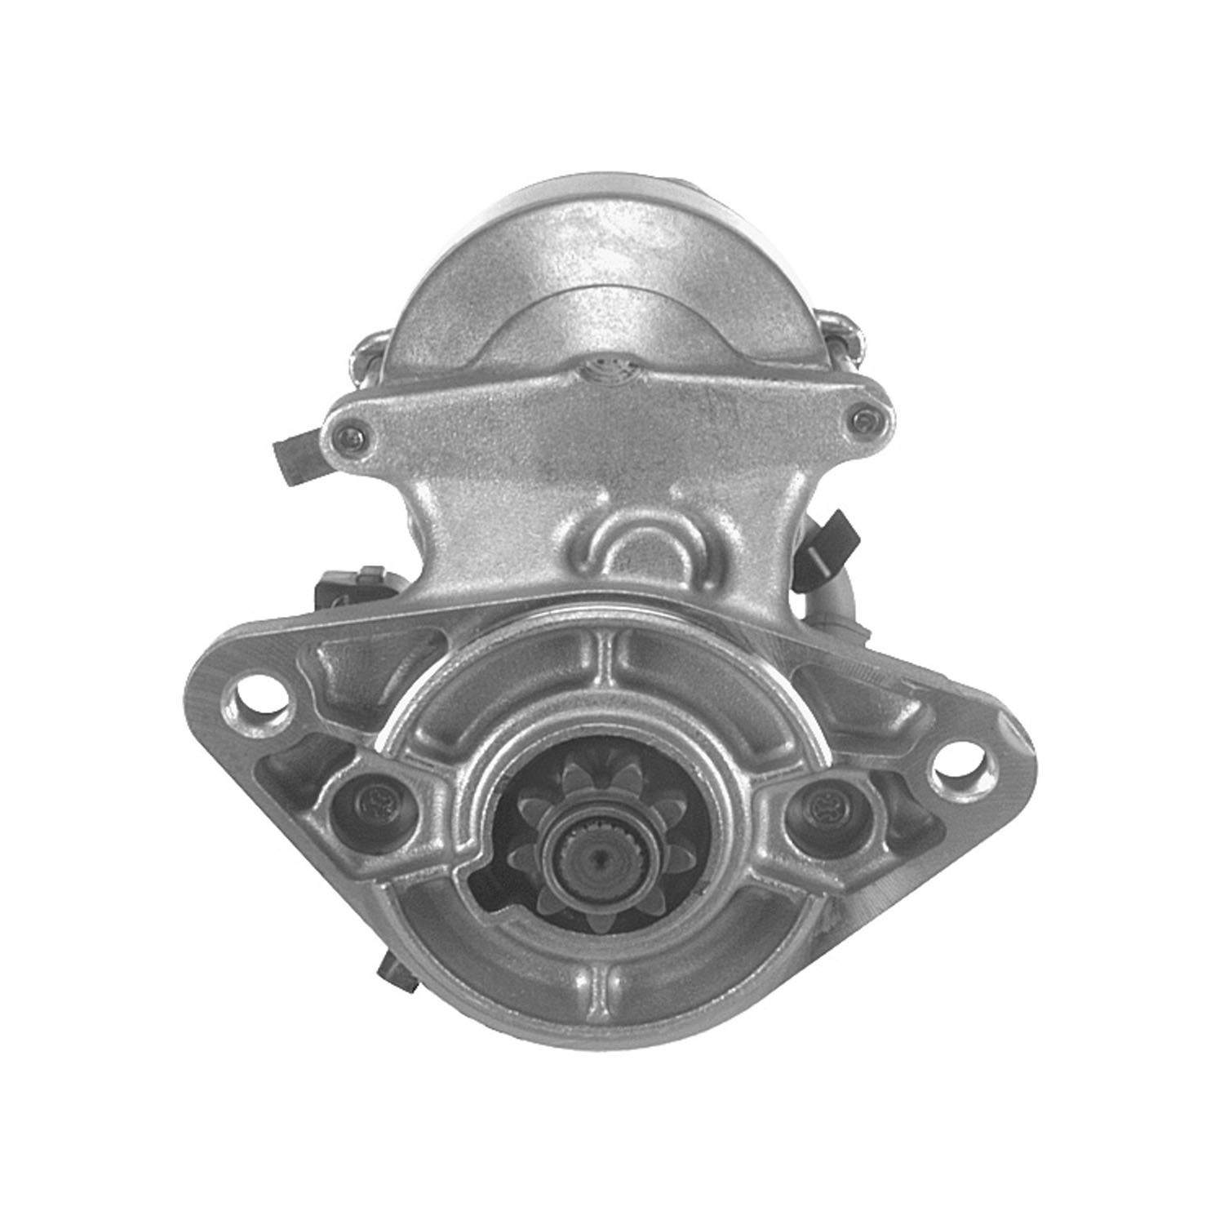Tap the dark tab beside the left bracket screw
point(297,457)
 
